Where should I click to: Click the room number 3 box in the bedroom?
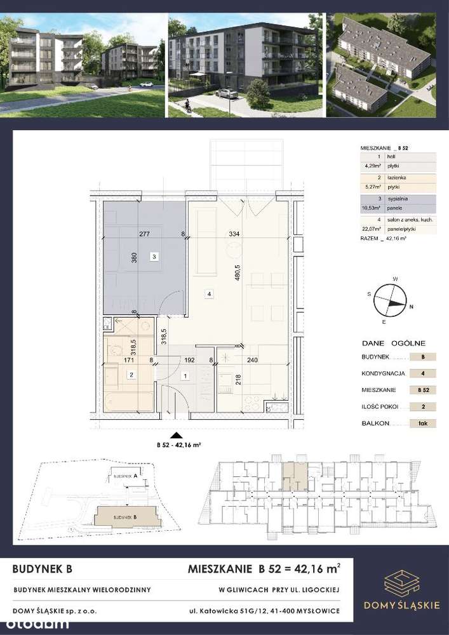click(x=154, y=257)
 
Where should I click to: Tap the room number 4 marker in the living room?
click(x=209, y=293)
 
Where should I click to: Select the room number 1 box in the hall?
click(x=185, y=377)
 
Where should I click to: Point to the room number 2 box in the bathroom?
click(x=130, y=375)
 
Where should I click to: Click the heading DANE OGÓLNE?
click(x=387, y=340)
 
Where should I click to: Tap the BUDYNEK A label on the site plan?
click(x=126, y=476)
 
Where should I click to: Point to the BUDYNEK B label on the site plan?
click(x=126, y=517)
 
